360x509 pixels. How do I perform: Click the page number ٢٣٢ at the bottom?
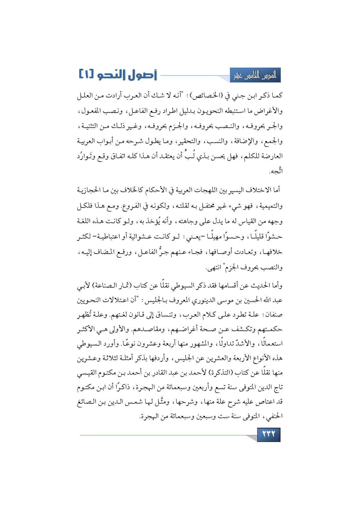click(268, 434)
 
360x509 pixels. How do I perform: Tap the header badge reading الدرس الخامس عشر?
click(255, 76)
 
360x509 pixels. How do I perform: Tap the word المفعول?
click(91, 111)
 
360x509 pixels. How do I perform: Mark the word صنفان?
click(273, 315)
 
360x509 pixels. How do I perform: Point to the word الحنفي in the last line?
click(274, 417)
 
